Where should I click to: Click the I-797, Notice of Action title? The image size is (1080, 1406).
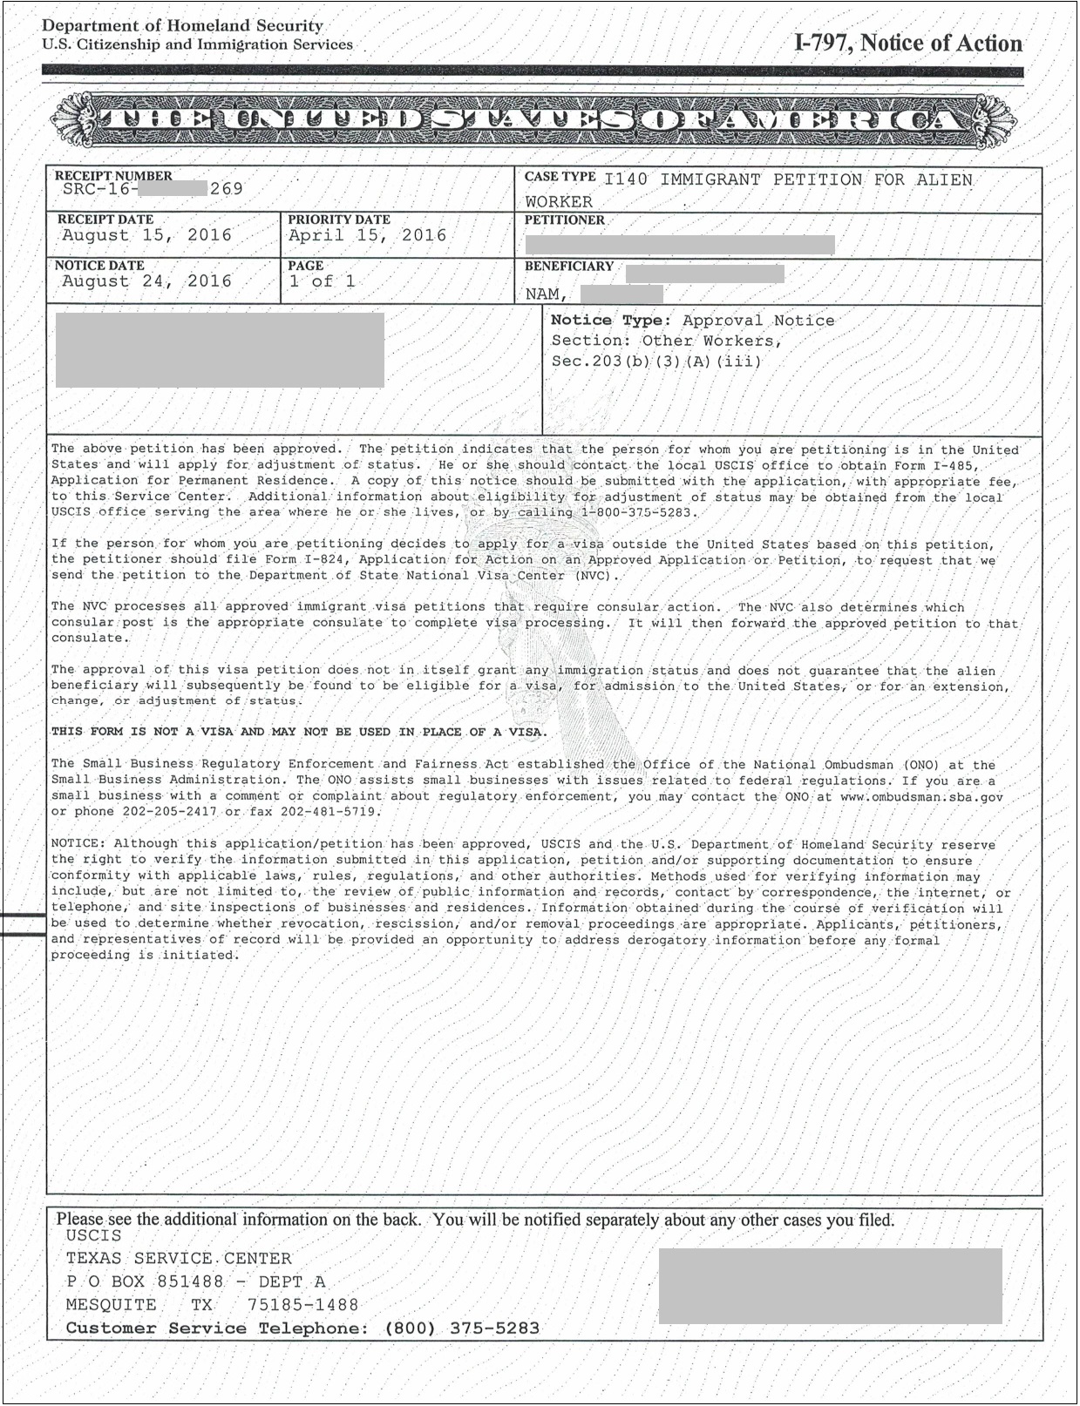click(x=907, y=44)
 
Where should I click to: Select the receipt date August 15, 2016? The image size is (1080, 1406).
click(x=146, y=235)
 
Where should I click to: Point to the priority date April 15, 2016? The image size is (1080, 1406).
click(x=367, y=235)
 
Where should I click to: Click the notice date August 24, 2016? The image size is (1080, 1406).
click(x=146, y=281)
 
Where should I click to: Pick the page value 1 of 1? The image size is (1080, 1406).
click(x=322, y=281)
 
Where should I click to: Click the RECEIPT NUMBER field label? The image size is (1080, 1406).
click(x=113, y=176)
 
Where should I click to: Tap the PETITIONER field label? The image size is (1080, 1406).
click(x=564, y=220)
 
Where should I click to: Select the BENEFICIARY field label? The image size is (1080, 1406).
click(x=568, y=267)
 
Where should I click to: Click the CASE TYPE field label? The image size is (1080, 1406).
click(x=560, y=177)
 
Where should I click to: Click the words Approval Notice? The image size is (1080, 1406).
click(x=758, y=321)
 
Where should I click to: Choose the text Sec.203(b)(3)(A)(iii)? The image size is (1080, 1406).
click(x=656, y=361)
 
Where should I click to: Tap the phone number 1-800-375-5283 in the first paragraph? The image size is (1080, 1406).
click(x=638, y=512)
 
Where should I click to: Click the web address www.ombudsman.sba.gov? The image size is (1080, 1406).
click(x=921, y=796)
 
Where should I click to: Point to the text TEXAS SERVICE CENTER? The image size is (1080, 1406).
click(x=179, y=1259)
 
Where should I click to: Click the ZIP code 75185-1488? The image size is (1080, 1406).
click(x=302, y=1305)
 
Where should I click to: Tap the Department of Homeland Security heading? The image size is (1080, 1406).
click(x=182, y=26)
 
